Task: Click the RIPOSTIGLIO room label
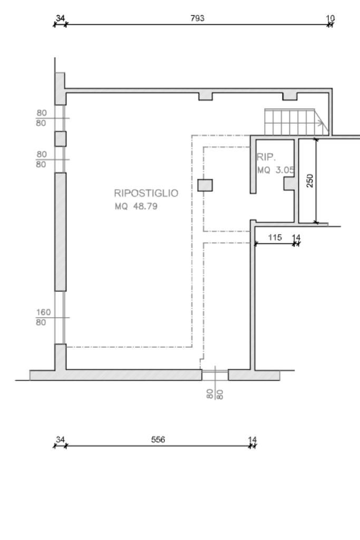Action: [146, 193]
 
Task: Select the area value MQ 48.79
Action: [136, 207]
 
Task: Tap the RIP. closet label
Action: [266, 158]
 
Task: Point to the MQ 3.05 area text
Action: [276, 170]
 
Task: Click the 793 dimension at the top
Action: [198, 18]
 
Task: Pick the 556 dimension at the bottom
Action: [158, 439]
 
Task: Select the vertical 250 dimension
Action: [310, 181]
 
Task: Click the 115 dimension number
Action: [275, 237]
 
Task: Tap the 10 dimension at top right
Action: [330, 18]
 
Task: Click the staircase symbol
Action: [295, 122]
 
